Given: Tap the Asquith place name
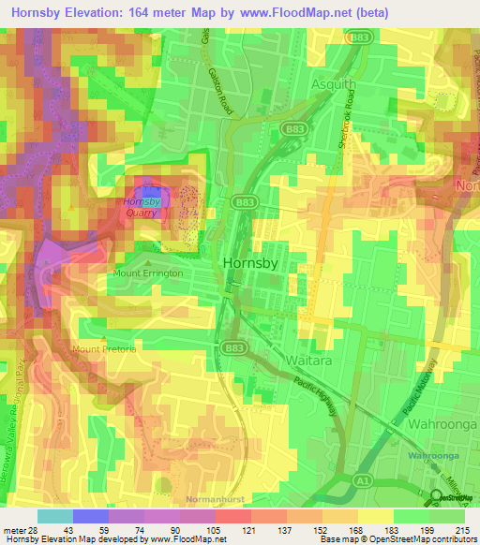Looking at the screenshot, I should (x=333, y=84).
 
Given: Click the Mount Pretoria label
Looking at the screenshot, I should (x=103, y=348).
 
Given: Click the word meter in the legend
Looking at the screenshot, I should (x=13, y=531).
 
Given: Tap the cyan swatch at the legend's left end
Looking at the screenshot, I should (x=54, y=516).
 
